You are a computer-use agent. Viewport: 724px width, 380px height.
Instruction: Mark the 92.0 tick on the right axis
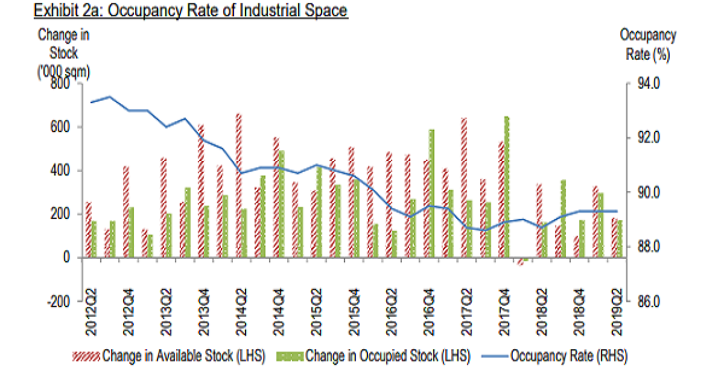[646, 138]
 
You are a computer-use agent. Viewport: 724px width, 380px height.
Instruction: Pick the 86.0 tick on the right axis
[646, 301]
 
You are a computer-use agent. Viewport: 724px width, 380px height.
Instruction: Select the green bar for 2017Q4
[507, 187]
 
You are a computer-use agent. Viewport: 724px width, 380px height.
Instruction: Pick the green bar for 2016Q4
[431, 194]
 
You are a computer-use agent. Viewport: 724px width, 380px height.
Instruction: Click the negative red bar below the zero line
[520, 261]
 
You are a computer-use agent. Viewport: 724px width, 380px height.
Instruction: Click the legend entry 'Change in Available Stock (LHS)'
[170, 356]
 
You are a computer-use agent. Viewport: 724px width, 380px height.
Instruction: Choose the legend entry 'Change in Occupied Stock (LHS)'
[373, 356]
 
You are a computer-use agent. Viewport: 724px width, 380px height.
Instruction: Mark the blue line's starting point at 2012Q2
[91, 102]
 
